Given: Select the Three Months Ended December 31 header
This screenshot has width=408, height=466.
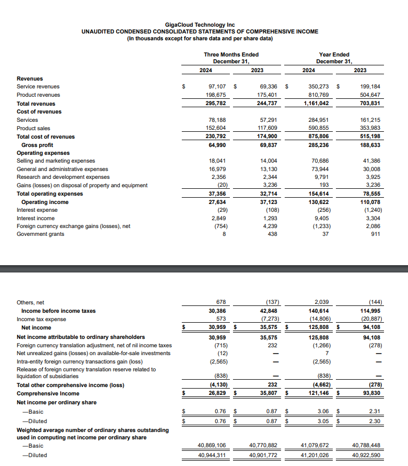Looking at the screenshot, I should click(x=231, y=58).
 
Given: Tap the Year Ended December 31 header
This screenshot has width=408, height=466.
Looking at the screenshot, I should click(x=334, y=58).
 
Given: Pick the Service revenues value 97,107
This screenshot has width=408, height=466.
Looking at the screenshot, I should click(x=216, y=86).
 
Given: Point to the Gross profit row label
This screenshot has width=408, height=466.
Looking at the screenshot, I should click(x=37, y=145).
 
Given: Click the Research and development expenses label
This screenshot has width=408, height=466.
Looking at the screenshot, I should click(x=63, y=177).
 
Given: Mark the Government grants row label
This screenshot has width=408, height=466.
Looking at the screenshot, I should click(x=41, y=234).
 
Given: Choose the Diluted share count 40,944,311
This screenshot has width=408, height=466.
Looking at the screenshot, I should click(x=212, y=455).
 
